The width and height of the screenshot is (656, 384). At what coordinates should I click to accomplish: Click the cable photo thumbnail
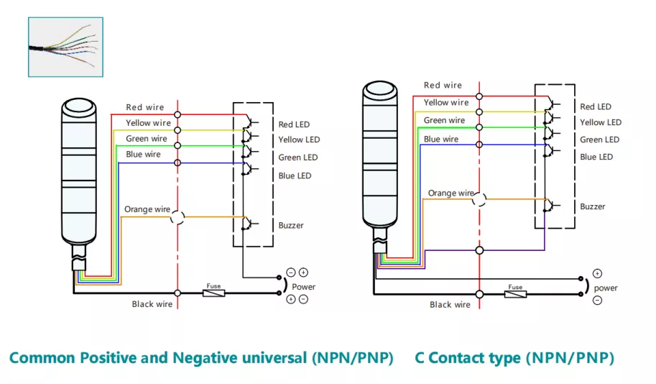click(x=65, y=47)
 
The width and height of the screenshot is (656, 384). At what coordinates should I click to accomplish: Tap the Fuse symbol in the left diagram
click(x=214, y=293)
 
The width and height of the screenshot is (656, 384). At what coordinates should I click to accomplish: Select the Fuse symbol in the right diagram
click(x=515, y=294)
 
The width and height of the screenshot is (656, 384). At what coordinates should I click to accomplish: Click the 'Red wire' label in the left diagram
click(x=144, y=107)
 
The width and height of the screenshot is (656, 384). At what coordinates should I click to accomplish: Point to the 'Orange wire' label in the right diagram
click(x=451, y=193)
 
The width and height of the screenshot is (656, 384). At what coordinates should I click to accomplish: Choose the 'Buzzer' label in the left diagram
click(x=291, y=225)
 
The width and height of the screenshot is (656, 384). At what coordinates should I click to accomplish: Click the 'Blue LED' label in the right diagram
click(x=596, y=157)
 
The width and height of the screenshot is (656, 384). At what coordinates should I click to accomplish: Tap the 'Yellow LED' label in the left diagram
click(x=299, y=140)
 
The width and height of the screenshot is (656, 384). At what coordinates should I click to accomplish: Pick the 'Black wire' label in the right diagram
click(x=450, y=304)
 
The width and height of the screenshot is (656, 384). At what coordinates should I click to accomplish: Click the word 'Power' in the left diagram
click(x=303, y=287)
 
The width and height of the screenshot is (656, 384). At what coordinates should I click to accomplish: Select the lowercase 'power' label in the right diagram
click(x=606, y=288)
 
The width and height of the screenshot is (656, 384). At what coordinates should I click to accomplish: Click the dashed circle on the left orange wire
click(x=177, y=217)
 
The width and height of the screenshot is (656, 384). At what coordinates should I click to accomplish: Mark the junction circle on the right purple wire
click(x=479, y=250)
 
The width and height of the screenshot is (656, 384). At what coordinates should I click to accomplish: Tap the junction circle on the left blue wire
click(x=177, y=163)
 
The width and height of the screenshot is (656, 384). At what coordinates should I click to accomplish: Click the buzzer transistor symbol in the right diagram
click(x=550, y=205)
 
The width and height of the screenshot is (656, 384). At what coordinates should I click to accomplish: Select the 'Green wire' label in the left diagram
click(x=146, y=139)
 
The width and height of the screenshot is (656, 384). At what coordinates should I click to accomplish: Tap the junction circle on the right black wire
click(x=479, y=294)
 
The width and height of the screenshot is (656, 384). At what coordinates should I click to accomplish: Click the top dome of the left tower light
click(x=78, y=106)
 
